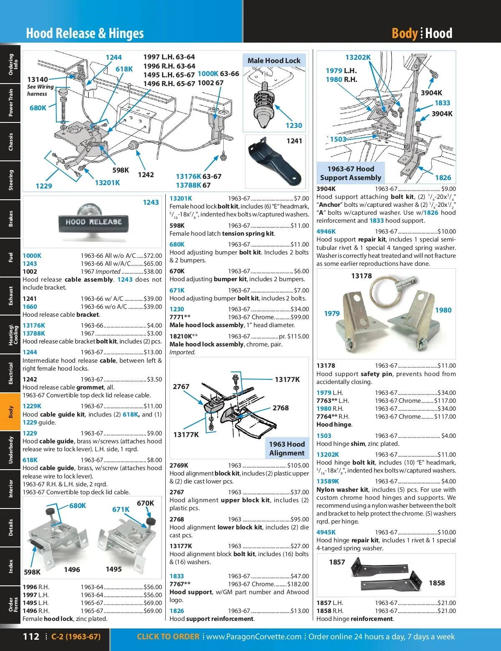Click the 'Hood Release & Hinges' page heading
pyautogui.click(x=85, y=33)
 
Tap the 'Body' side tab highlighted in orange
pyautogui.click(x=10, y=412)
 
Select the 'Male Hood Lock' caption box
pyautogui.click(x=274, y=61)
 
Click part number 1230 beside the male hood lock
pyautogui.click(x=294, y=125)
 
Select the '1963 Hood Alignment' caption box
pyautogui.click(x=287, y=448)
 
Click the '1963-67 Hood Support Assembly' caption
pyautogui.click(x=351, y=173)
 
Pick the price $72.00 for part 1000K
pyautogui.click(x=152, y=256)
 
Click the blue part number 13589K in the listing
pyautogui.click(x=328, y=481)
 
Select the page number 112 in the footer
pyautogui.click(x=31, y=636)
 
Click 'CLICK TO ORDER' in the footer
pyautogui.click(x=168, y=636)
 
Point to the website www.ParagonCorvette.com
pyautogui.click(x=254, y=636)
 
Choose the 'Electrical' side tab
pyautogui.click(x=10, y=373)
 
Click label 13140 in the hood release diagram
pyautogui.click(x=38, y=79)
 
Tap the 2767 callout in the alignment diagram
pyautogui.click(x=181, y=387)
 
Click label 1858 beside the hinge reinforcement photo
pyautogui.click(x=437, y=583)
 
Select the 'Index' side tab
pyautogui.click(x=10, y=566)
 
